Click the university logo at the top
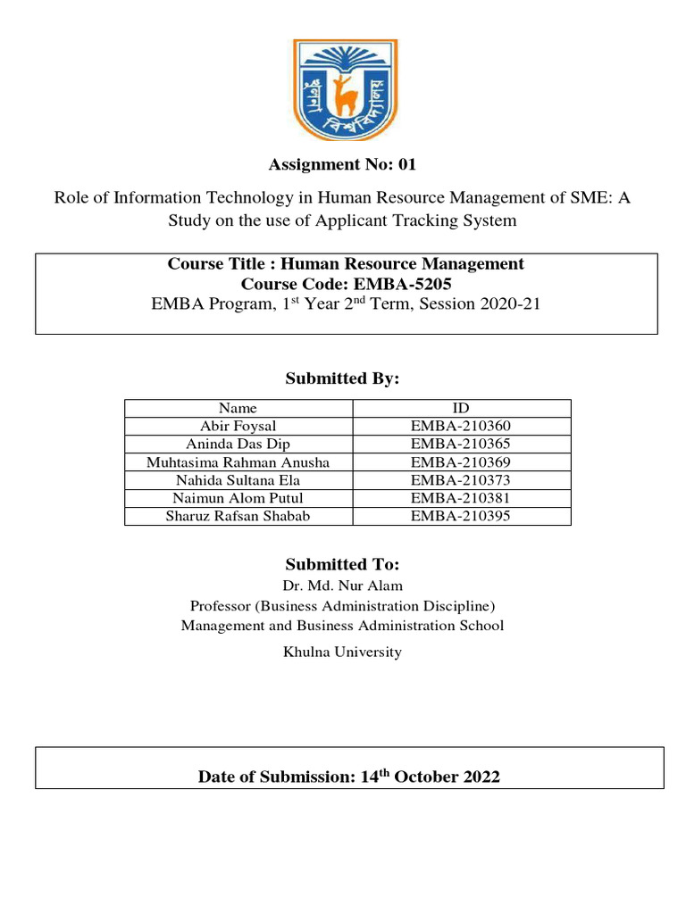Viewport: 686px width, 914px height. pyautogui.click(x=342, y=89)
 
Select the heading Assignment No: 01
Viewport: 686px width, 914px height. pyautogui.click(x=342, y=164)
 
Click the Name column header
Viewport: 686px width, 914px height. pyautogui.click(x=238, y=408)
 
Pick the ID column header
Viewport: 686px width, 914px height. pyautogui.click(x=461, y=408)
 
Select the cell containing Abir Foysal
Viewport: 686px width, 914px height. pyautogui.click(x=238, y=426)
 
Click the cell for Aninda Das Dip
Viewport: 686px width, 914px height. pyautogui.click(x=238, y=444)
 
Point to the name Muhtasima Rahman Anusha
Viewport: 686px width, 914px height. pyautogui.click(x=238, y=461)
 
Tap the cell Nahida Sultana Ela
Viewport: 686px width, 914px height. pyautogui.click(x=238, y=479)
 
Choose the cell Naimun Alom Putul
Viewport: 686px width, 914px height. pyautogui.click(x=238, y=497)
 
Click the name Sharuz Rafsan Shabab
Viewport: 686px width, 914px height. pyautogui.click(x=238, y=515)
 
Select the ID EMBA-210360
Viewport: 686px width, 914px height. pyautogui.click(x=461, y=426)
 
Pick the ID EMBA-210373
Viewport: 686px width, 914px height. pyautogui.click(x=461, y=479)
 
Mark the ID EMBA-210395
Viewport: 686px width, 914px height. pyautogui.click(x=461, y=515)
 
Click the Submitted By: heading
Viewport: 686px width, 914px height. pyautogui.click(x=342, y=379)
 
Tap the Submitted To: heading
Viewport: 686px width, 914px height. pyautogui.click(x=342, y=564)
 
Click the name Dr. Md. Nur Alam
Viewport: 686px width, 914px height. pyautogui.click(x=342, y=586)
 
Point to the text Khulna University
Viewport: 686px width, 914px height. pyautogui.click(x=342, y=652)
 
